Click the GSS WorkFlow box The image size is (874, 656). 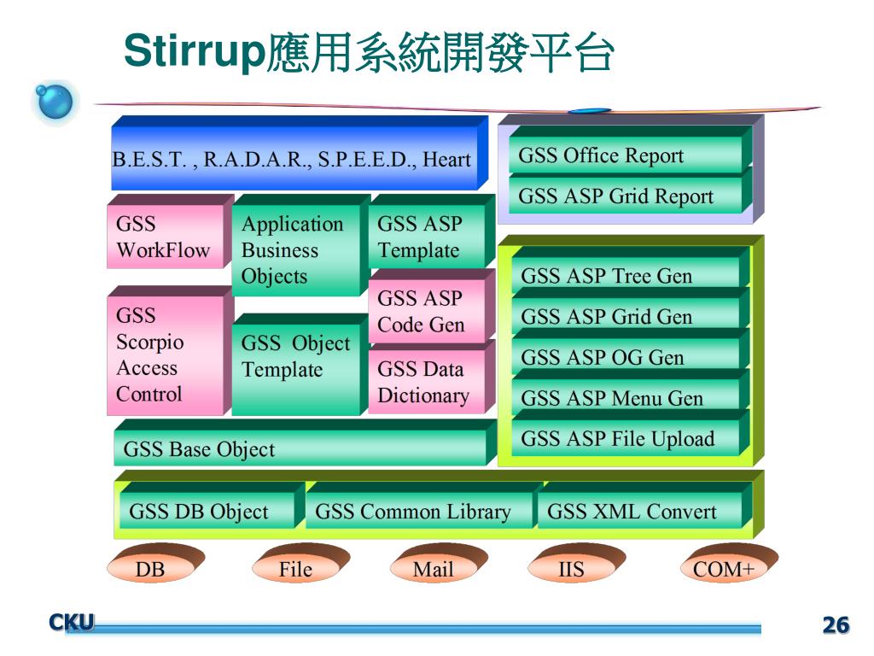[164, 237]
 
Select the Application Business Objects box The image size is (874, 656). [294, 249]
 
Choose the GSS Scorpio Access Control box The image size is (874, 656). [165, 355]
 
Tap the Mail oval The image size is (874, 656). [434, 569]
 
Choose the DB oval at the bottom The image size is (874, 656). [151, 569]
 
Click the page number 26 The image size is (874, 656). [836, 625]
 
